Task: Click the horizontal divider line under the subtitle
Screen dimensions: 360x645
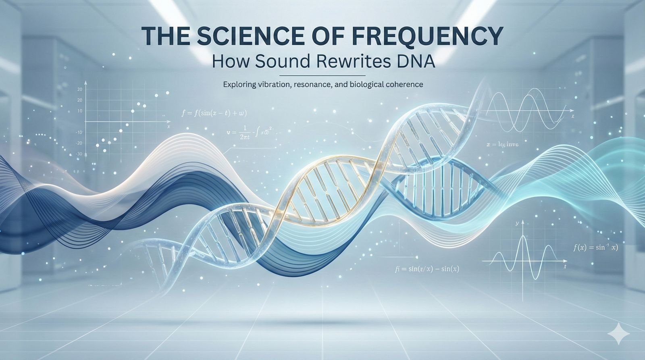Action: pyautogui.click(x=322, y=75)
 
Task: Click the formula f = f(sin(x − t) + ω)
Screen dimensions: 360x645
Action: pyautogui.click(x=214, y=113)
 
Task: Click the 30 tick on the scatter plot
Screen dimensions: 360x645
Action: pyautogui.click(x=79, y=89)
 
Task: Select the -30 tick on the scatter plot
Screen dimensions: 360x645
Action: pyautogui.click(x=79, y=154)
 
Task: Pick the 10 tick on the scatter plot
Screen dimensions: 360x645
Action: pyautogui.click(x=79, y=111)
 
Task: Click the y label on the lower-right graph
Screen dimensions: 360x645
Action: pyautogui.click(x=516, y=223)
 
